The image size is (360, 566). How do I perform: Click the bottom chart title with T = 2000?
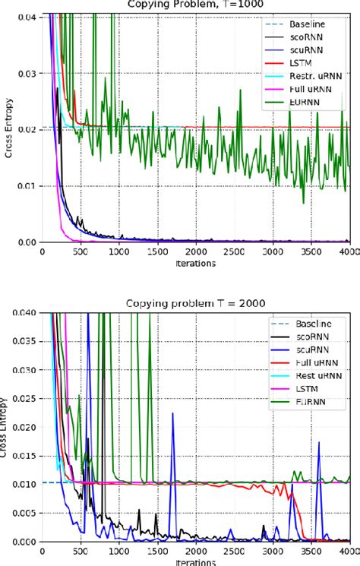(x=196, y=303)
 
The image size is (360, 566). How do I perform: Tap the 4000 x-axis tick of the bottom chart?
(x=349, y=552)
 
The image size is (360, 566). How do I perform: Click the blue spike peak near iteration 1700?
(x=172, y=414)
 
